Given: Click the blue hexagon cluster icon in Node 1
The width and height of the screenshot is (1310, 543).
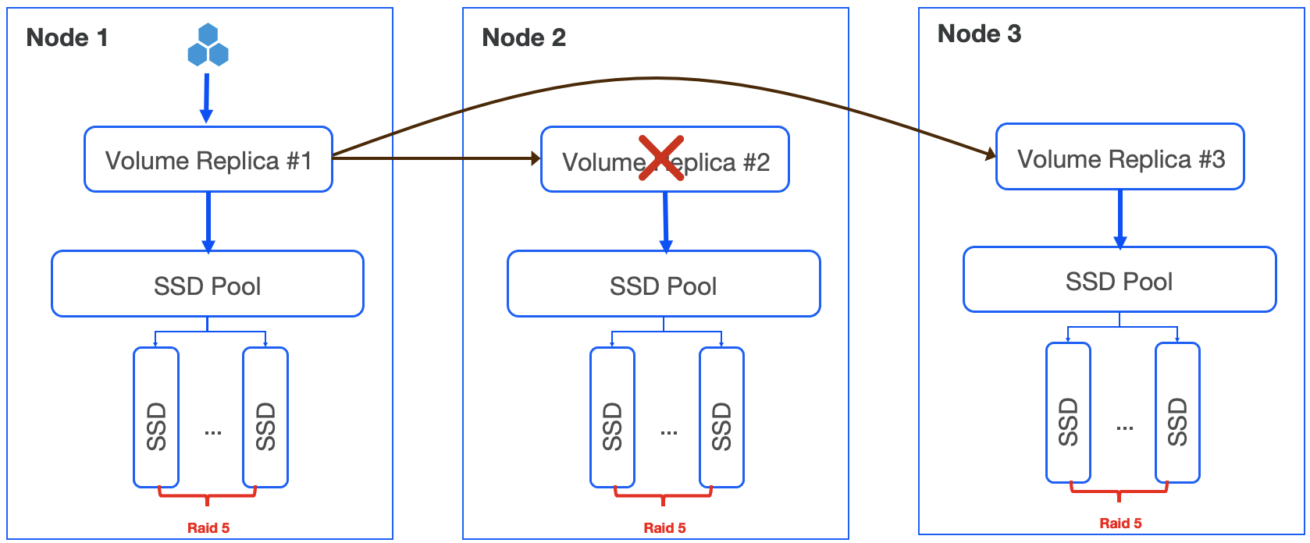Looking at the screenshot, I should (x=208, y=45).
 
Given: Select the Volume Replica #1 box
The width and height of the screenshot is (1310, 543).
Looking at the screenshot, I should (x=208, y=160).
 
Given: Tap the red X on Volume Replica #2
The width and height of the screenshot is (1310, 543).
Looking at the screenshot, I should (x=661, y=158).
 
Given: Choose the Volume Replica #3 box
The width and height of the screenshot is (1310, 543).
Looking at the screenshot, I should (x=1120, y=158).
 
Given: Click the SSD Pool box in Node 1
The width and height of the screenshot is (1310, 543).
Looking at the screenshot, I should (x=208, y=285).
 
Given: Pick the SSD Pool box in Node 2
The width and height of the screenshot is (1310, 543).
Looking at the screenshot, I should (x=664, y=285).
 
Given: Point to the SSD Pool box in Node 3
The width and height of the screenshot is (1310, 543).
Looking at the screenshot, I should (x=1120, y=281).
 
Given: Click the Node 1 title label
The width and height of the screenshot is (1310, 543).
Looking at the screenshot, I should (x=67, y=37).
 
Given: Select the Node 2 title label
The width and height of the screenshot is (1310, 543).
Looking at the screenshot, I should (x=524, y=37).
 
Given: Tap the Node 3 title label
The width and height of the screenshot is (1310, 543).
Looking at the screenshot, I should (x=979, y=34).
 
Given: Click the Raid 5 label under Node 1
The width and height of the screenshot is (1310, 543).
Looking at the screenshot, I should (x=208, y=528).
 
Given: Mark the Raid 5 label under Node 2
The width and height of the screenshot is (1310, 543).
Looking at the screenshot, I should (x=664, y=528).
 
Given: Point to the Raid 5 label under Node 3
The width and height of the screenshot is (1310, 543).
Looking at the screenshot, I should (x=1120, y=523).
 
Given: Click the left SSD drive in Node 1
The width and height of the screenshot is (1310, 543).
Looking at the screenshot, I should (x=156, y=417).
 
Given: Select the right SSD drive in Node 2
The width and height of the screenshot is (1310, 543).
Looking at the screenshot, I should (x=721, y=417).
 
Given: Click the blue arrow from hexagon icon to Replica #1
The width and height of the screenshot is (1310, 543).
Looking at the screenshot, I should (x=206, y=98).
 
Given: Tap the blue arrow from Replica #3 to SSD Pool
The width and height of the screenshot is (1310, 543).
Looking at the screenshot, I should (x=1120, y=218).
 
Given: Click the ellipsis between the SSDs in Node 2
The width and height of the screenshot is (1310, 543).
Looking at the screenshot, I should (x=669, y=432).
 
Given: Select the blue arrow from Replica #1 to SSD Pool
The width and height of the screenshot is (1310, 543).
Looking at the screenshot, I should (x=208, y=222).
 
